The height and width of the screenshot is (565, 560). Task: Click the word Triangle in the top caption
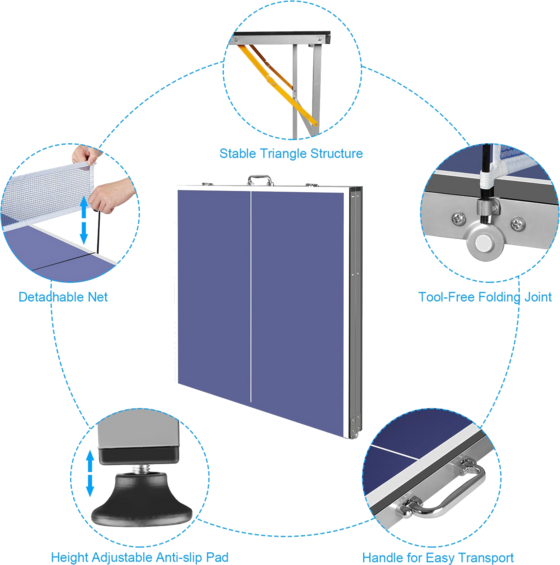[284, 154]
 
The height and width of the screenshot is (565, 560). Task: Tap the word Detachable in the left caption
[50, 297]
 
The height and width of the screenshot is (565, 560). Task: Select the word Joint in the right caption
[538, 297]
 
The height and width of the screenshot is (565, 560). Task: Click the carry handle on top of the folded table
[259, 180]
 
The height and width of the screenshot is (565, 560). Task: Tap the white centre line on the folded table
[251, 296]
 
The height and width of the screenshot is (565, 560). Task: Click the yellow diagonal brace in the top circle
[277, 86]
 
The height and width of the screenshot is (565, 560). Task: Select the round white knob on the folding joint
[482, 243]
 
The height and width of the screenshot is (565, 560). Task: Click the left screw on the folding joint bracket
[458, 218]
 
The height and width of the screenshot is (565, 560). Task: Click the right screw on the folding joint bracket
[517, 223]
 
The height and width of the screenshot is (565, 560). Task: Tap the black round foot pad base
[142, 501]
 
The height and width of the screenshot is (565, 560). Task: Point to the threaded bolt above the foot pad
[141, 469]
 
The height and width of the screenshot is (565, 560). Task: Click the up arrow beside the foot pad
[90, 461]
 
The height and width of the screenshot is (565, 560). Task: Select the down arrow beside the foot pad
[90, 486]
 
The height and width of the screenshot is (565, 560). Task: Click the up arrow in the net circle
[84, 207]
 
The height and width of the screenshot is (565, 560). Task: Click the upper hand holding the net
[86, 154]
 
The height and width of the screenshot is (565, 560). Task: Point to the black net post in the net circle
[98, 231]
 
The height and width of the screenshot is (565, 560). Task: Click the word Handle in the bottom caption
[383, 557]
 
